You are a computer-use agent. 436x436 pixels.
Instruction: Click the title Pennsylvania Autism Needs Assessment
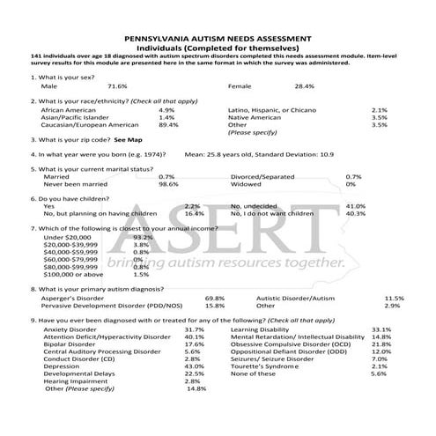(218, 41)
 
